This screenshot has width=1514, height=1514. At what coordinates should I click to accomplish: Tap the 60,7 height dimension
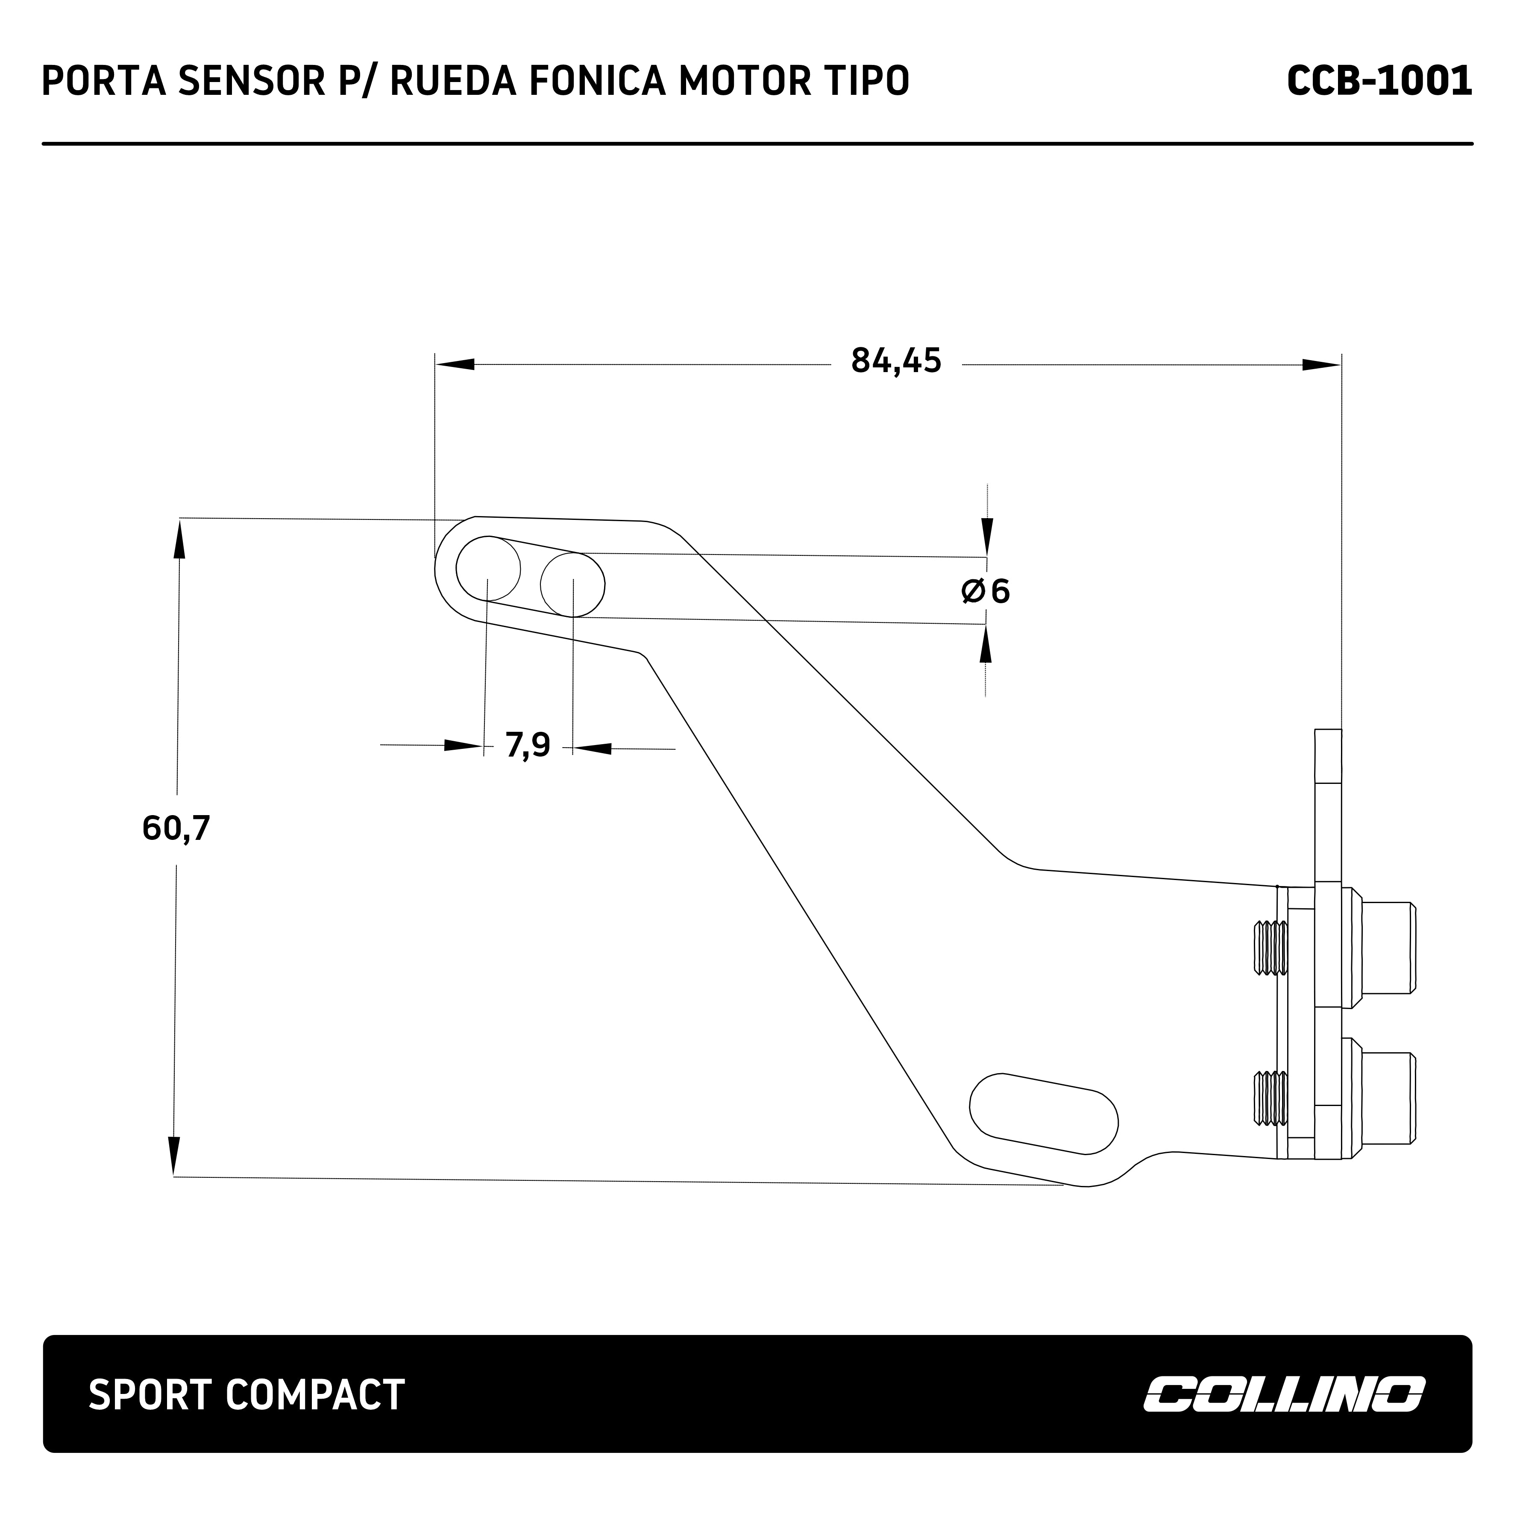[x=176, y=828]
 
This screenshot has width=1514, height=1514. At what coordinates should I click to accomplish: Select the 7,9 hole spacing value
[x=528, y=745]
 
